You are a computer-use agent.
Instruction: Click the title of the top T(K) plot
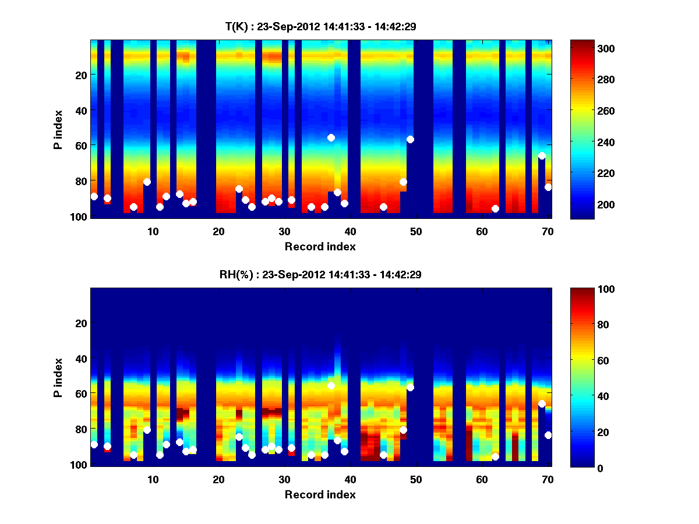tap(320, 26)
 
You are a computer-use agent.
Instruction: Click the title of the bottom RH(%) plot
tap(320, 274)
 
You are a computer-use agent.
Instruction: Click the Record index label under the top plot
tap(320, 246)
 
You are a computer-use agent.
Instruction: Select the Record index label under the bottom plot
tap(320, 494)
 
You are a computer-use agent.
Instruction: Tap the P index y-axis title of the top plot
tap(58, 129)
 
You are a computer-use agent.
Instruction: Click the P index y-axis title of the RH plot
tap(58, 377)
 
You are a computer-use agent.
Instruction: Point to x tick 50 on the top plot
tap(416, 231)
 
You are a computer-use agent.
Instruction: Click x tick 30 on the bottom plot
tap(284, 479)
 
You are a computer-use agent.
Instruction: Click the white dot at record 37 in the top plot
tap(331, 137)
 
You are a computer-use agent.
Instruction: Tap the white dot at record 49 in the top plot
tap(410, 139)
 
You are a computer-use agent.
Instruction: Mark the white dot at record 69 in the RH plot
tap(542, 403)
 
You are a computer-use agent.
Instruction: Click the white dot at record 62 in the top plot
tap(495, 208)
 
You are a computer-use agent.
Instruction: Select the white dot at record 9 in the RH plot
tap(147, 430)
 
